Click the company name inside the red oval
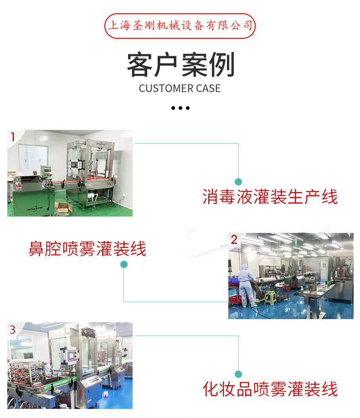coord(180,26)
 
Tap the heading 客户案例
coord(180,65)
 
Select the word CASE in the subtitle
coord(208,88)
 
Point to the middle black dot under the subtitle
coord(180,108)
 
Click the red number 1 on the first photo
coord(12,137)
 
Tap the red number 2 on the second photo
coord(234,239)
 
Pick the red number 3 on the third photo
coord(12,330)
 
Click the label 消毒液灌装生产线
coord(270,197)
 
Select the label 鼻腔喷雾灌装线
coord(87,249)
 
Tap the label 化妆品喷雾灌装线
coord(270,389)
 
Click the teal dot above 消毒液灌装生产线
coord(238,182)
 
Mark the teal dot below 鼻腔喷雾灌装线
coord(124,264)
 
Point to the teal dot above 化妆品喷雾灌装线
coord(238,374)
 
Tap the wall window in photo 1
coord(33,157)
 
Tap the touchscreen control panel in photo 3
coord(72,356)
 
